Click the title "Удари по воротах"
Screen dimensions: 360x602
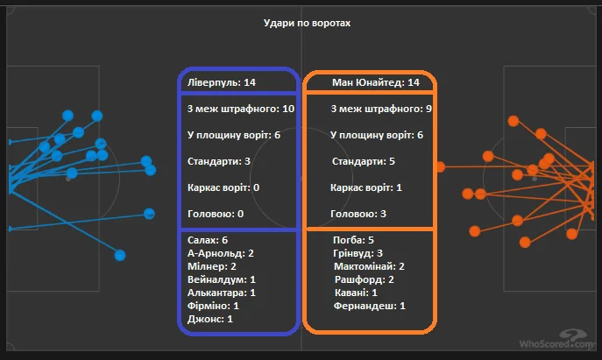click(x=307, y=23)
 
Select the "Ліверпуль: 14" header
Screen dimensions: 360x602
click(x=221, y=82)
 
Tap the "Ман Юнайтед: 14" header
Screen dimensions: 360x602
click(x=376, y=82)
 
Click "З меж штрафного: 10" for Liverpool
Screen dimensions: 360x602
click(x=241, y=109)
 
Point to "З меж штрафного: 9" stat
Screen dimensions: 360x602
click(x=381, y=109)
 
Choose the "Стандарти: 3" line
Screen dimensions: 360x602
click(x=219, y=161)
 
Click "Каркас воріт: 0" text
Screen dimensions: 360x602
click(x=223, y=187)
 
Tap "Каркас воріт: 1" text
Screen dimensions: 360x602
click(x=366, y=187)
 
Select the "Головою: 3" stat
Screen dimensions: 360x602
click(x=358, y=214)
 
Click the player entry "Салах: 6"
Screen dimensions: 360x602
click(x=208, y=239)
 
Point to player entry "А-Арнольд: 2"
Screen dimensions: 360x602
click(x=221, y=253)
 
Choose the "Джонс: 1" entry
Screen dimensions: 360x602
click(x=210, y=319)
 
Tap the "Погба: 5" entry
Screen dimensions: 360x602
click(x=354, y=239)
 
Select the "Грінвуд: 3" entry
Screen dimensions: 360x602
click(x=358, y=253)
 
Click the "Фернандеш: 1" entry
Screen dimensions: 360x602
click(x=370, y=306)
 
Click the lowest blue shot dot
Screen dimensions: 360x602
click(x=120, y=255)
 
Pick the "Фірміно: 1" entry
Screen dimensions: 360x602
click(x=214, y=306)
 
